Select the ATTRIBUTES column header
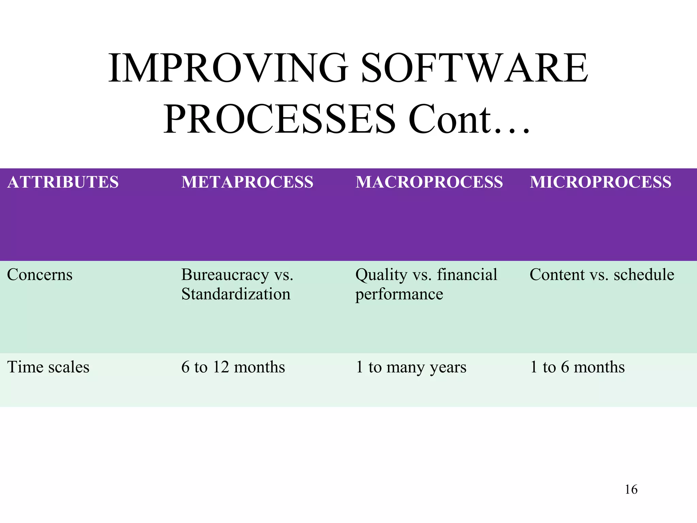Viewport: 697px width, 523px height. [x=63, y=182]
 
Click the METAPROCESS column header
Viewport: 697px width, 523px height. [x=247, y=182]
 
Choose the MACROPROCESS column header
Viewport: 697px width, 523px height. [x=429, y=182]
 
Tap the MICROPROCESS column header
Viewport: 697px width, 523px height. [x=601, y=182]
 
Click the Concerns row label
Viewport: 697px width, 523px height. [x=40, y=275]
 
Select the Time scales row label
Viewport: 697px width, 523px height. [x=48, y=367]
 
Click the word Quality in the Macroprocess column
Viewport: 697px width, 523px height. [x=381, y=275]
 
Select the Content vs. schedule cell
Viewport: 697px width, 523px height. [x=602, y=275]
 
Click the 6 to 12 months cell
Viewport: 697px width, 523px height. [x=233, y=367]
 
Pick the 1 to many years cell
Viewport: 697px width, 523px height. [x=411, y=367]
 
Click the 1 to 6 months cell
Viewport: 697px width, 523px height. [x=577, y=367]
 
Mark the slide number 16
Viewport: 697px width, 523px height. [x=631, y=490]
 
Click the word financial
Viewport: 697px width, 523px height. [x=467, y=275]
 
